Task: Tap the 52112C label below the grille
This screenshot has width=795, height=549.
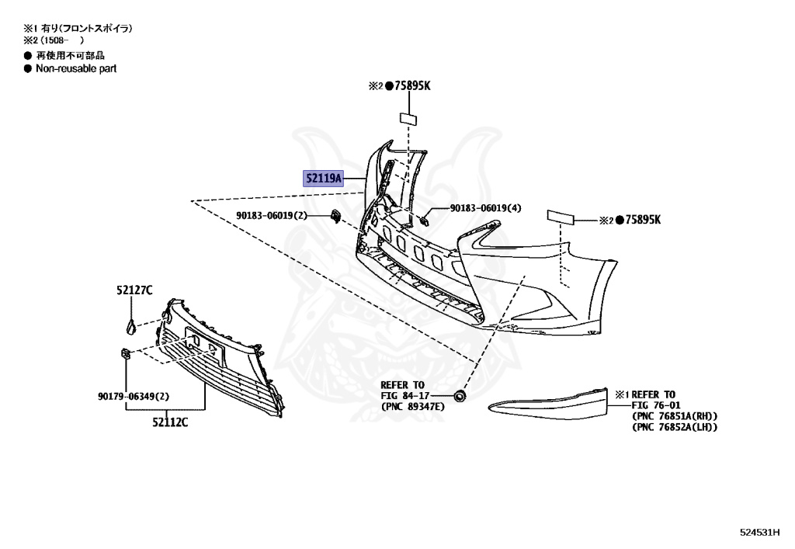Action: (x=169, y=422)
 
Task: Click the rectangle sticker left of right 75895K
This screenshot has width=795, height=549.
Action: (x=561, y=216)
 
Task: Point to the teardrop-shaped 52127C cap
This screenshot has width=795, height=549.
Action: (x=131, y=326)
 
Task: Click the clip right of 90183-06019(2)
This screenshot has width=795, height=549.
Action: (x=335, y=215)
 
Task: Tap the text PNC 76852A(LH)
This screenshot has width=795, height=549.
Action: (x=675, y=426)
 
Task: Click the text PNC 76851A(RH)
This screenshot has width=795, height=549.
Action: (x=675, y=415)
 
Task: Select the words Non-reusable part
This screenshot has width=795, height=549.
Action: (x=76, y=68)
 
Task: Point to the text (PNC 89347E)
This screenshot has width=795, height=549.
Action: (x=412, y=406)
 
